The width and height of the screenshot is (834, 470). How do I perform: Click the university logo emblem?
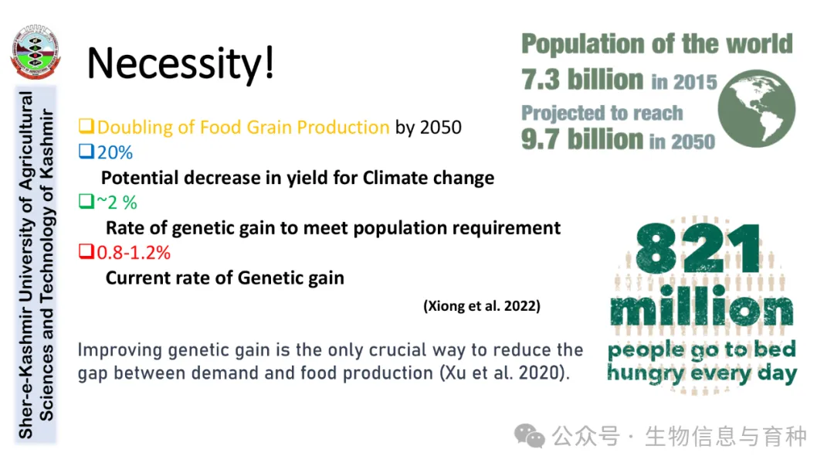click(x=35, y=52)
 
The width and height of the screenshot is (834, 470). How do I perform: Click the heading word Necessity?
click(x=180, y=63)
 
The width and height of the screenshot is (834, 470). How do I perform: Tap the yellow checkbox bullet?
click(x=86, y=126)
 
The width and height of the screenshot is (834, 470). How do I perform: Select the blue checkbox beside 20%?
click(x=86, y=152)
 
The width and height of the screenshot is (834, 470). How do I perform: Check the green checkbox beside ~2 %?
click(x=86, y=201)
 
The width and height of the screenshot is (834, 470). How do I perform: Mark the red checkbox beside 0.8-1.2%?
click(x=86, y=251)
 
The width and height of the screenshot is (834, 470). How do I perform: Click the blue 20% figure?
click(x=115, y=153)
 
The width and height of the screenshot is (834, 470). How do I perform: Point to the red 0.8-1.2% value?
click(x=134, y=252)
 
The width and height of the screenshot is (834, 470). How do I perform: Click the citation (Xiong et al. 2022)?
click(x=482, y=306)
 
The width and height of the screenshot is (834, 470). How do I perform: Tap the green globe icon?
click(x=756, y=108)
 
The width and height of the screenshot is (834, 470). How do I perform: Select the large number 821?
click(x=698, y=248)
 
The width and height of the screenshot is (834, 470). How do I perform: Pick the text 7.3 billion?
click(x=582, y=80)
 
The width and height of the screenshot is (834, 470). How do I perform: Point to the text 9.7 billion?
click(x=582, y=139)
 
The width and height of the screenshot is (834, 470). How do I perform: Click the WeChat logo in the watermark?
click(x=529, y=436)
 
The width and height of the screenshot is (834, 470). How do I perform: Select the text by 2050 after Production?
click(x=428, y=128)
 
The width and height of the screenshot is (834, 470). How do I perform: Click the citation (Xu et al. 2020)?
click(x=504, y=373)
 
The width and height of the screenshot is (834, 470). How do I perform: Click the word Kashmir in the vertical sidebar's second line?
click(x=47, y=145)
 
